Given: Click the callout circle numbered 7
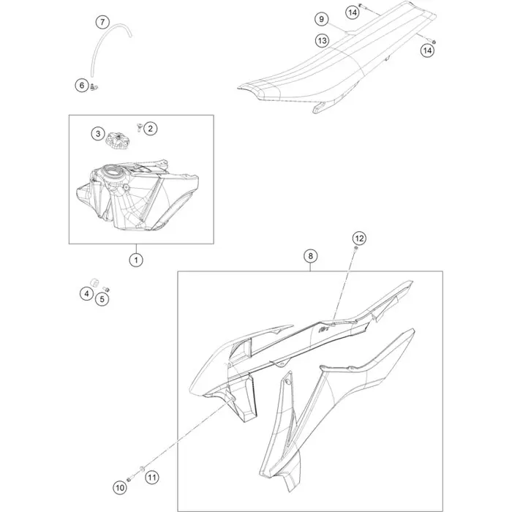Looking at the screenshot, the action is pos(102,22).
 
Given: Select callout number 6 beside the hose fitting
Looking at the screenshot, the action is pos(82,86).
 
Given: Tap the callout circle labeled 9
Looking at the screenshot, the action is pos(321,19).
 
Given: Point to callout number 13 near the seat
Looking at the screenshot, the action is pos(322,41).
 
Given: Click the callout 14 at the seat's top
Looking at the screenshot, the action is pos(353,12).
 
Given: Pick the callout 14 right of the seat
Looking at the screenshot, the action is pos(427,50).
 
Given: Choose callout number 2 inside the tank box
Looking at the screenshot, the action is pos(150,129).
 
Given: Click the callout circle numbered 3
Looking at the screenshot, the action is pos(98,134).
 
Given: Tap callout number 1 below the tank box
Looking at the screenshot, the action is pos(136,260).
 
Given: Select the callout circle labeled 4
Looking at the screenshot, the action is pos(86,294).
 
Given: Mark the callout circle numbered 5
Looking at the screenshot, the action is pos(102,299).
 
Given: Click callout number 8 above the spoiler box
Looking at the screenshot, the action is pos(310,256).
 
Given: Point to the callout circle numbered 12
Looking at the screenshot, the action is pos(359,238).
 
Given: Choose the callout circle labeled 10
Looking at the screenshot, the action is pos(120,488).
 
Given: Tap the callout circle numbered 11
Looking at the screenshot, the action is pos(151,478).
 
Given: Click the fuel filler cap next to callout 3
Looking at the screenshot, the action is pos(116,140).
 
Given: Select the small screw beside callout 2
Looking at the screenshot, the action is pos(138,127).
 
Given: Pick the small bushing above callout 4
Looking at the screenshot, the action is pos(94,282).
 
